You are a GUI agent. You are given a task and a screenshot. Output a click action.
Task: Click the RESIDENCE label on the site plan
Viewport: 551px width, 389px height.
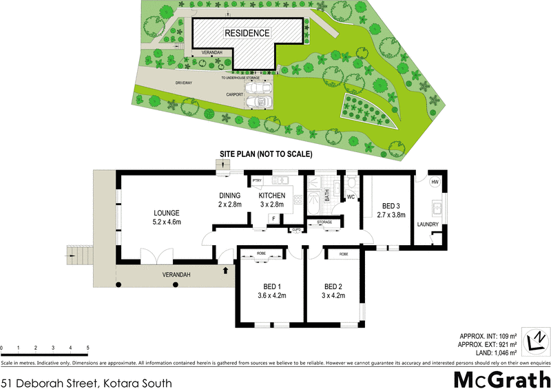247,33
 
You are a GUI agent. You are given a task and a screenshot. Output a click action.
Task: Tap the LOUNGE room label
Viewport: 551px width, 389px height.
167,213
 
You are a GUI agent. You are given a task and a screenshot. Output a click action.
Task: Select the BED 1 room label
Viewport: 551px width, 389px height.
262,287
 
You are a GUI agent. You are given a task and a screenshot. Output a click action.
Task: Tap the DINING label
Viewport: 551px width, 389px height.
229,196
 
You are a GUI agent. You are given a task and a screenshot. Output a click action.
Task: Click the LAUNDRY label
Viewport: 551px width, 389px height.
428,224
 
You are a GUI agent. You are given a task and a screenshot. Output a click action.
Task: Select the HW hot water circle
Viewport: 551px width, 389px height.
435,182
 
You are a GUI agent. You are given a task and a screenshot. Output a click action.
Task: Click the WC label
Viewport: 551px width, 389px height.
351,198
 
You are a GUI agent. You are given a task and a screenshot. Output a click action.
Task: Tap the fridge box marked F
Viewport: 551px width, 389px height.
274,219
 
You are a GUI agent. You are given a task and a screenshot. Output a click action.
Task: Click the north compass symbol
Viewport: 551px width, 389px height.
535,341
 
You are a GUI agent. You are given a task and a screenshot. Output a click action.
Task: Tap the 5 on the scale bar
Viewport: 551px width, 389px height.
87,348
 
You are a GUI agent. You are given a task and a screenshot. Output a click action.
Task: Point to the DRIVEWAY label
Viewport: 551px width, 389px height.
164,82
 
